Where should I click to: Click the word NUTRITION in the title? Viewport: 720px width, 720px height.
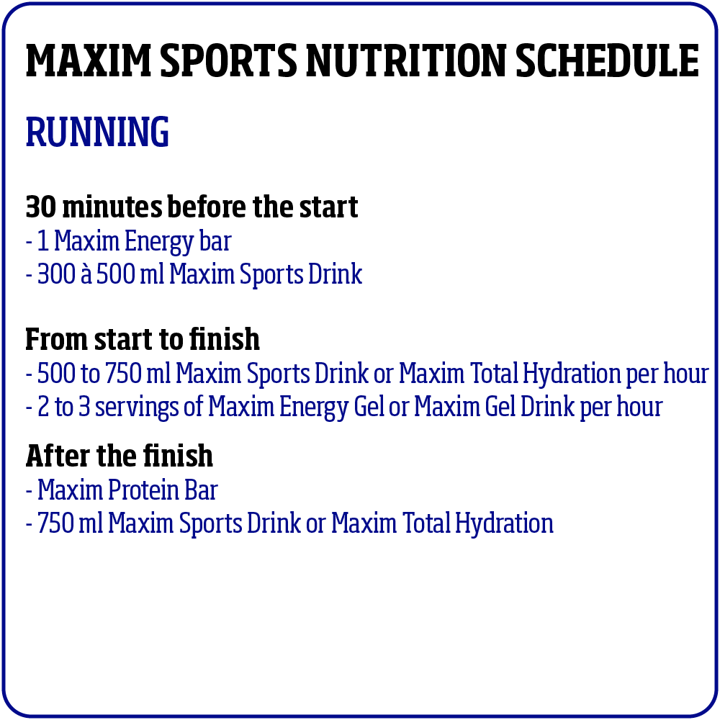[x=406, y=60]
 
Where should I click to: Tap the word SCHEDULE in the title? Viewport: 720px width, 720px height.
[x=607, y=60]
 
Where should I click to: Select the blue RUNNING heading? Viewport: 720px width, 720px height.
[x=97, y=132]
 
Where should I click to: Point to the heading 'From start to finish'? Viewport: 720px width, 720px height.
[x=143, y=339]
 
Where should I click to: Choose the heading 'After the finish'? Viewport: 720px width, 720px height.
[x=120, y=456]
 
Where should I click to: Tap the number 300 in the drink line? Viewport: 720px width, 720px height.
[x=56, y=274]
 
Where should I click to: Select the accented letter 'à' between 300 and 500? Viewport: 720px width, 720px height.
[x=86, y=274]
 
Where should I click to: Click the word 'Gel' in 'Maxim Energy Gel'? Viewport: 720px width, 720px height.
[x=369, y=406]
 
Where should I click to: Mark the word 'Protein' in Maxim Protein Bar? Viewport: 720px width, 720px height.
[x=144, y=490]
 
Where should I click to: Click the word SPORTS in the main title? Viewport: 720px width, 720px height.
[x=228, y=60]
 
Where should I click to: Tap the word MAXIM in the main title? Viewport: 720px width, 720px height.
[x=88, y=60]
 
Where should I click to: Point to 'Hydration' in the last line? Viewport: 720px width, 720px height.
[x=504, y=524]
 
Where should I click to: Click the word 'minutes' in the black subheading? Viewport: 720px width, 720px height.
[x=112, y=207]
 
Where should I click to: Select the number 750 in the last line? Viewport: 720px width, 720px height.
[x=55, y=523]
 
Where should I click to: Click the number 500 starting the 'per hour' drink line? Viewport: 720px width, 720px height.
[x=56, y=373]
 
